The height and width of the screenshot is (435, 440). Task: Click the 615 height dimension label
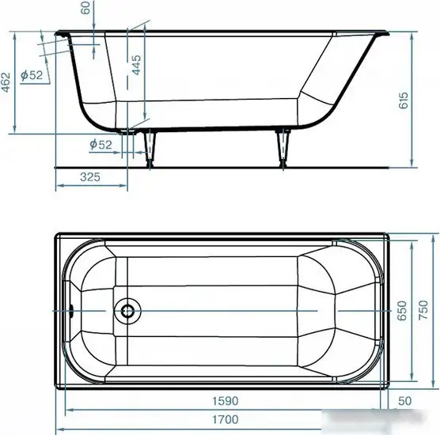[404, 100]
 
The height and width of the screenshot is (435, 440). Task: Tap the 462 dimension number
[6, 82]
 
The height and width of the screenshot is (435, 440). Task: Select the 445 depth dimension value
[137, 65]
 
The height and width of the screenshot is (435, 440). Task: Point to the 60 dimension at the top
[85, 8]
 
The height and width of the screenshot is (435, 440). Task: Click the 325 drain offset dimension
[90, 177]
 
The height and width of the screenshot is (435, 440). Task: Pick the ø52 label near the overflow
[32, 75]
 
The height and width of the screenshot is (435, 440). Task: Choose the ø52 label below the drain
[101, 145]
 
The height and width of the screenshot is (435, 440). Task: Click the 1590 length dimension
[225, 401]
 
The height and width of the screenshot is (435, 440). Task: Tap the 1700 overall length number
[225, 419]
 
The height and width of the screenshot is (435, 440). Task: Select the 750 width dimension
[423, 310]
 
